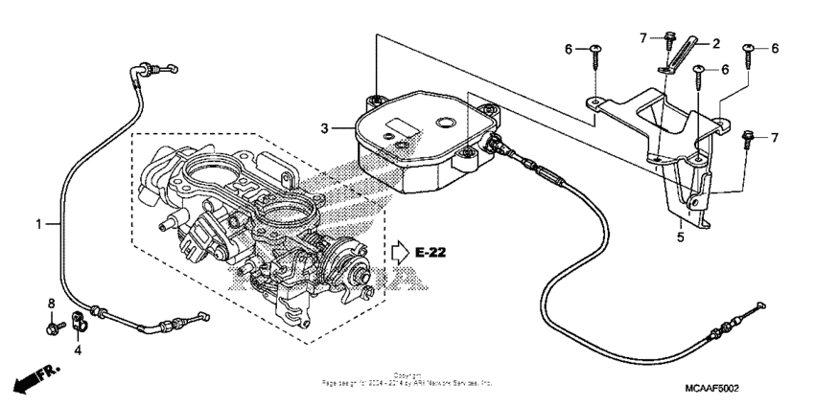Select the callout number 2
pos(713,43)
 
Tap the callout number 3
pos(325,127)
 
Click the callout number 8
pos(51,304)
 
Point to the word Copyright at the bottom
pos(407,375)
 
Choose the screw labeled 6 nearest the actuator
pos(595,57)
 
